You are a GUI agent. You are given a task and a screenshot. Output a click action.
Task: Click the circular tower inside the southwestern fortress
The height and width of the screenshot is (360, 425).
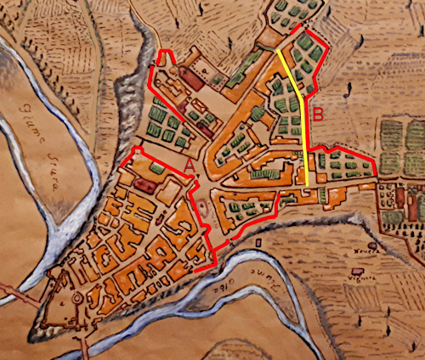[x=77, y=299]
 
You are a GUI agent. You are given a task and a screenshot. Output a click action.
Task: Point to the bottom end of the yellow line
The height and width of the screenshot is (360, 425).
[x=306, y=184]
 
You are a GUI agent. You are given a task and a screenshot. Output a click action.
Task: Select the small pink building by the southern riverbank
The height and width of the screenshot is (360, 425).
[x=235, y=243]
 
